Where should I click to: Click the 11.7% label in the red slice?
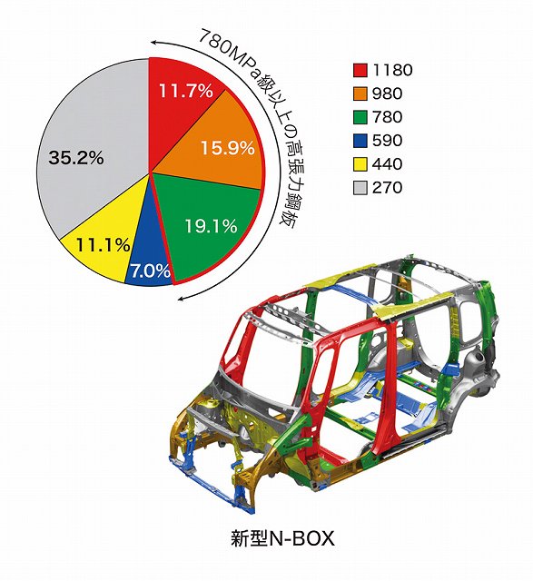click(x=186, y=91)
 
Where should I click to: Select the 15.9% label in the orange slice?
click(x=228, y=148)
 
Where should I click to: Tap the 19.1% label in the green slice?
click(x=211, y=226)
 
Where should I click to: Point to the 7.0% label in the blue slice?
click(x=151, y=271)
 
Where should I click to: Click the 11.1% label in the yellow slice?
click(x=103, y=245)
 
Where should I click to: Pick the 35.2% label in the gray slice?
click(x=76, y=158)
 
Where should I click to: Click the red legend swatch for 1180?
click(x=360, y=70)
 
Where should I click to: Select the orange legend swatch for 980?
click(x=360, y=94)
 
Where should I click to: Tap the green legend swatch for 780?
click(x=360, y=117)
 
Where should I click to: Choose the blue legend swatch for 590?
click(x=360, y=141)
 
